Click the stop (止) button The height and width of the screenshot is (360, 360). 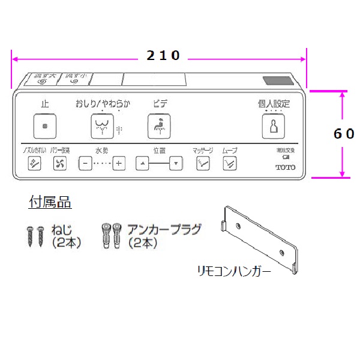tap(45, 126)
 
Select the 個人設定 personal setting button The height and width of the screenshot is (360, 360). tap(273, 126)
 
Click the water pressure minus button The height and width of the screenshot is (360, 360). tap(85, 163)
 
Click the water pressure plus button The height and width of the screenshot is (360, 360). tap(119, 163)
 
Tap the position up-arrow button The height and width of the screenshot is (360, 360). tap(142, 163)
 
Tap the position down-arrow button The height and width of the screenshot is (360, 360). tap(175, 163)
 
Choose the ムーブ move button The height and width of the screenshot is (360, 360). tap(229, 163)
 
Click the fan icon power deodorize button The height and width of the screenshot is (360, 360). tap(59, 163)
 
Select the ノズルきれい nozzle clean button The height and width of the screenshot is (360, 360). tap(34, 163)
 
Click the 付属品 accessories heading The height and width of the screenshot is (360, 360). tap(51, 203)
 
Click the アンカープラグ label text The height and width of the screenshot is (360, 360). tap(164, 229)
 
